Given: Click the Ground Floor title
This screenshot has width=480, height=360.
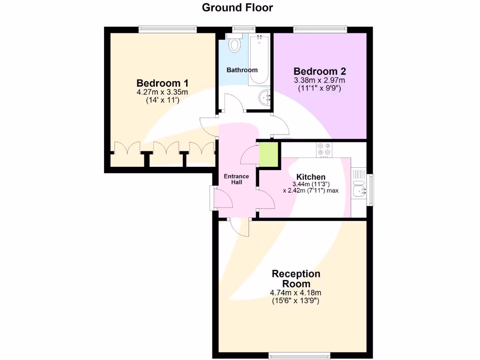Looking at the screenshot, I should point(237,7).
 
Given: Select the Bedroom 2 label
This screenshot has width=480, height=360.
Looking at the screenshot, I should point(320,71).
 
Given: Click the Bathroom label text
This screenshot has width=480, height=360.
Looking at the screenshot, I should point(242,70).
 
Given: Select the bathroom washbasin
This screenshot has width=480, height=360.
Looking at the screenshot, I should point(265,98).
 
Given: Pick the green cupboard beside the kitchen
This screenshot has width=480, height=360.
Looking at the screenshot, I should point(269,154).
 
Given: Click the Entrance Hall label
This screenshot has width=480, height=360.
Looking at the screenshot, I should point(236,179).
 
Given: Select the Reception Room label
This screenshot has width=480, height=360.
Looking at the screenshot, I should point(296,279).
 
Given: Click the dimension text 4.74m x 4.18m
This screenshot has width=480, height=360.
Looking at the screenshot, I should point(295,293).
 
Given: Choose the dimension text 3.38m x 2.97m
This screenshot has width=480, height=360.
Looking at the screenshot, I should point(320,80).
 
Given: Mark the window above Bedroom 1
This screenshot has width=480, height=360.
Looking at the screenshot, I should point(167,29).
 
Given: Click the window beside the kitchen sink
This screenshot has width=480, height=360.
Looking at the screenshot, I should point(370,190).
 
